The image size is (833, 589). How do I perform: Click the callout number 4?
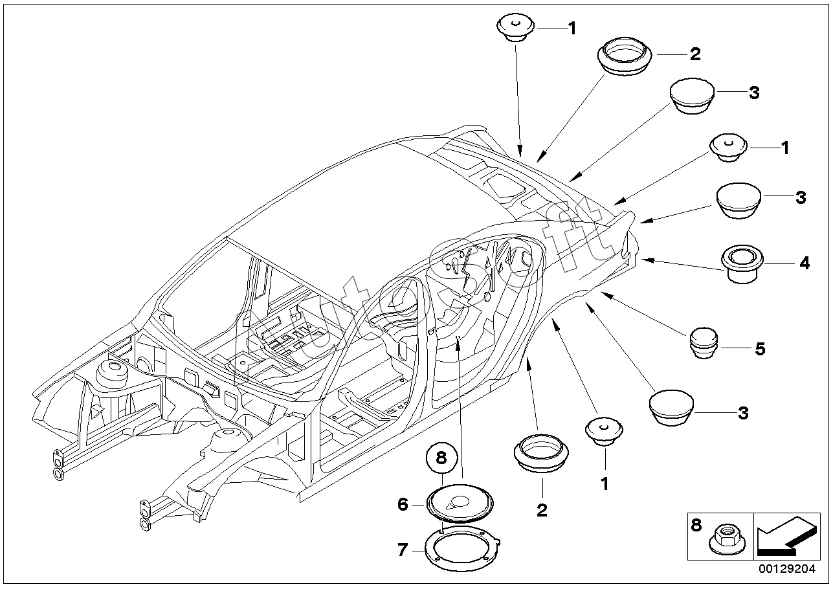[805, 263]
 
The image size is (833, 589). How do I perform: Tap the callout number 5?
[760, 349]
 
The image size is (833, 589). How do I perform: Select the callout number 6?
[403, 505]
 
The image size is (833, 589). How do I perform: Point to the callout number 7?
[403, 550]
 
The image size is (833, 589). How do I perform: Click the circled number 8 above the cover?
[441, 458]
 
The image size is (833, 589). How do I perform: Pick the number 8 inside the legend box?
[696, 526]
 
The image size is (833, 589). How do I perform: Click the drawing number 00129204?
[786, 568]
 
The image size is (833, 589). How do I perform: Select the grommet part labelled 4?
[742, 263]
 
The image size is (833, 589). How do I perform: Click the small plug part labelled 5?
[704, 343]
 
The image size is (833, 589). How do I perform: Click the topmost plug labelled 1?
[516, 28]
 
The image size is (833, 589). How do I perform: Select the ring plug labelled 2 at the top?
[625, 56]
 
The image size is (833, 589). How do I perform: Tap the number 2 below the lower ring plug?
[542, 510]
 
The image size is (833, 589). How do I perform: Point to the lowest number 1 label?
[605, 483]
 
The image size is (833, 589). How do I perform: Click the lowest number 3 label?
[744, 413]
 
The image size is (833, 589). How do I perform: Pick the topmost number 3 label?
[754, 92]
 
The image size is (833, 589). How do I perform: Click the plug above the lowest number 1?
[605, 431]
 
